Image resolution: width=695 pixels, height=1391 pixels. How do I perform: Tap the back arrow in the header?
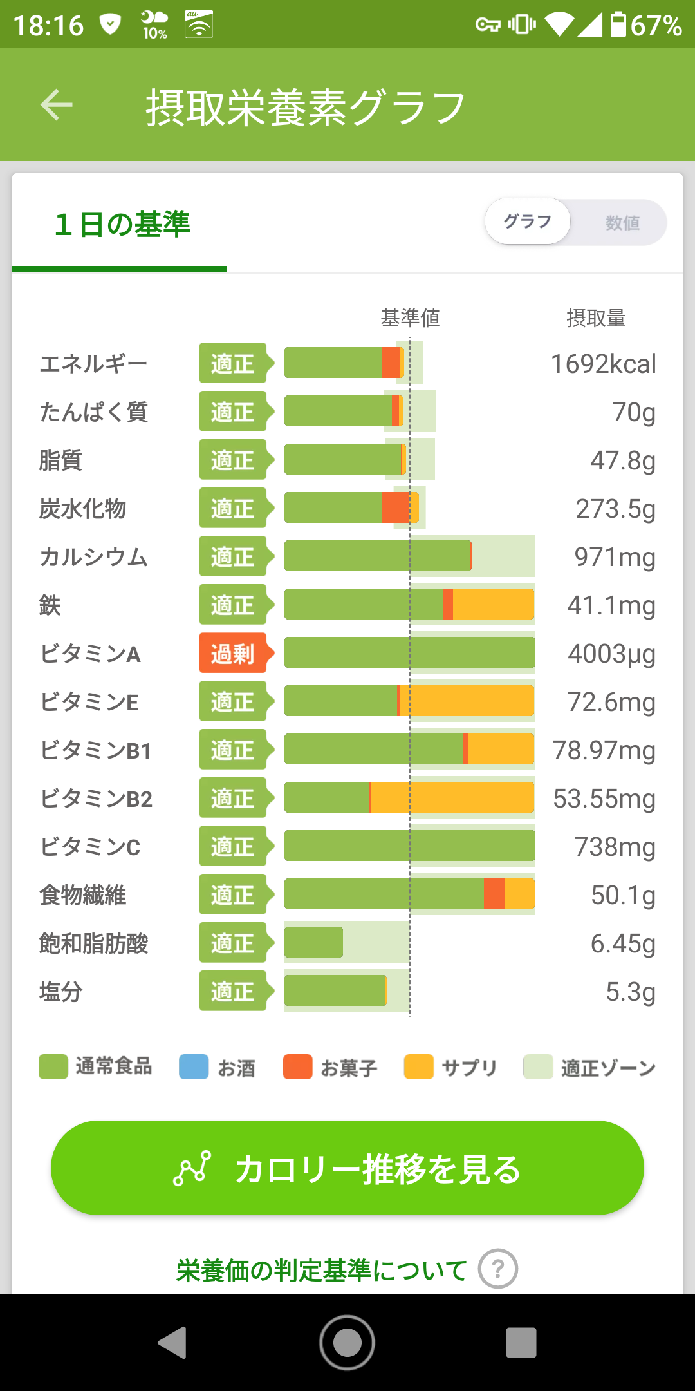click(57, 105)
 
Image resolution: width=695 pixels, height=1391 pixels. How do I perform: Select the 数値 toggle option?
click(622, 223)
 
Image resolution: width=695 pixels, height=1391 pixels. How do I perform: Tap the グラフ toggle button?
click(528, 222)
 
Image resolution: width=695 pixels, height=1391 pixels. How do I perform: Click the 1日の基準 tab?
click(122, 224)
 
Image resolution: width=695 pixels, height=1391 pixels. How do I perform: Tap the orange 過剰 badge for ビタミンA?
click(236, 654)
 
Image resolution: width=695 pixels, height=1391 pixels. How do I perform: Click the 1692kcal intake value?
click(604, 364)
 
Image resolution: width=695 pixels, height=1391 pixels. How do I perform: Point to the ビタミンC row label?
click(90, 847)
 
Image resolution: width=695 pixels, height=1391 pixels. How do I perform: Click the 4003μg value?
click(611, 654)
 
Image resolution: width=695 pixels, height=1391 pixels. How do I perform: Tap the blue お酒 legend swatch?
click(194, 1066)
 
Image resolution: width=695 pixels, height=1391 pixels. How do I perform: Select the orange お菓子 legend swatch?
click(298, 1066)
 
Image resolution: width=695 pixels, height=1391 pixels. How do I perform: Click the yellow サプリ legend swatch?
click(419, 1066)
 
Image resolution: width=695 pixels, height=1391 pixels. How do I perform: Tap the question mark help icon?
click(498, 1269)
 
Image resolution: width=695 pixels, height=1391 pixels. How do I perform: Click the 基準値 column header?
click(411, 317)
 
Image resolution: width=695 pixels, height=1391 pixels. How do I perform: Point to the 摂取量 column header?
click(596, 317)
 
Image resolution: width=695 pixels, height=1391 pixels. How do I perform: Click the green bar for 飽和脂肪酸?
click(313, 943)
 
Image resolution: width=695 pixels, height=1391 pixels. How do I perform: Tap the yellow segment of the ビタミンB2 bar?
click(452, 797)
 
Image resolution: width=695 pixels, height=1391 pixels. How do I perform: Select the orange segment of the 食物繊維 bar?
click(494, 894)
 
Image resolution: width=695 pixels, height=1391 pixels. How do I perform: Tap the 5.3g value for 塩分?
click(631, 992)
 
